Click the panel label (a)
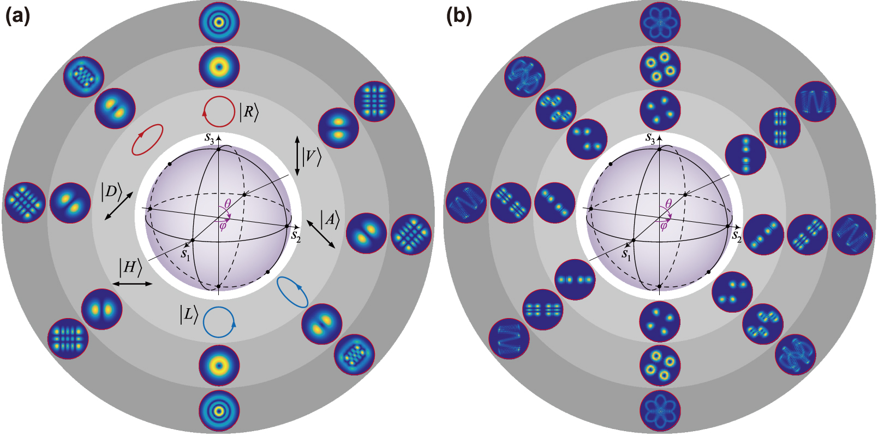[x=17, y=16]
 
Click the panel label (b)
[x=459, y=16]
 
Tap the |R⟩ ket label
[x=249, y=113]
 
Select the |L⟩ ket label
[x=188, y=314]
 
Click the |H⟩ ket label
[x=130, y=267]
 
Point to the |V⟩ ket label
[x=312, y=157]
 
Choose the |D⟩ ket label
[x=111, y=191]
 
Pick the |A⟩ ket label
[x=330, y=220]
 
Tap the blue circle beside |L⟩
[x=219, y=322]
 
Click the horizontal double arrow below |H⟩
[x=132, y=284]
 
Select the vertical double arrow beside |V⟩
[x=297, y=156]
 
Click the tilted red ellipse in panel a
[x=147, y=139]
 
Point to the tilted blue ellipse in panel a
[x=292, y=292]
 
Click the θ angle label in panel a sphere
[x=228, y=204]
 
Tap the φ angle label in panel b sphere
[x=664, y=225]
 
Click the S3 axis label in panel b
[x=650, y=139]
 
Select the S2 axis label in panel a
[x=295, y=236]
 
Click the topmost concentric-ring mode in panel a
[x=219, y=22]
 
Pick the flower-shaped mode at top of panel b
[x=660, y=22]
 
